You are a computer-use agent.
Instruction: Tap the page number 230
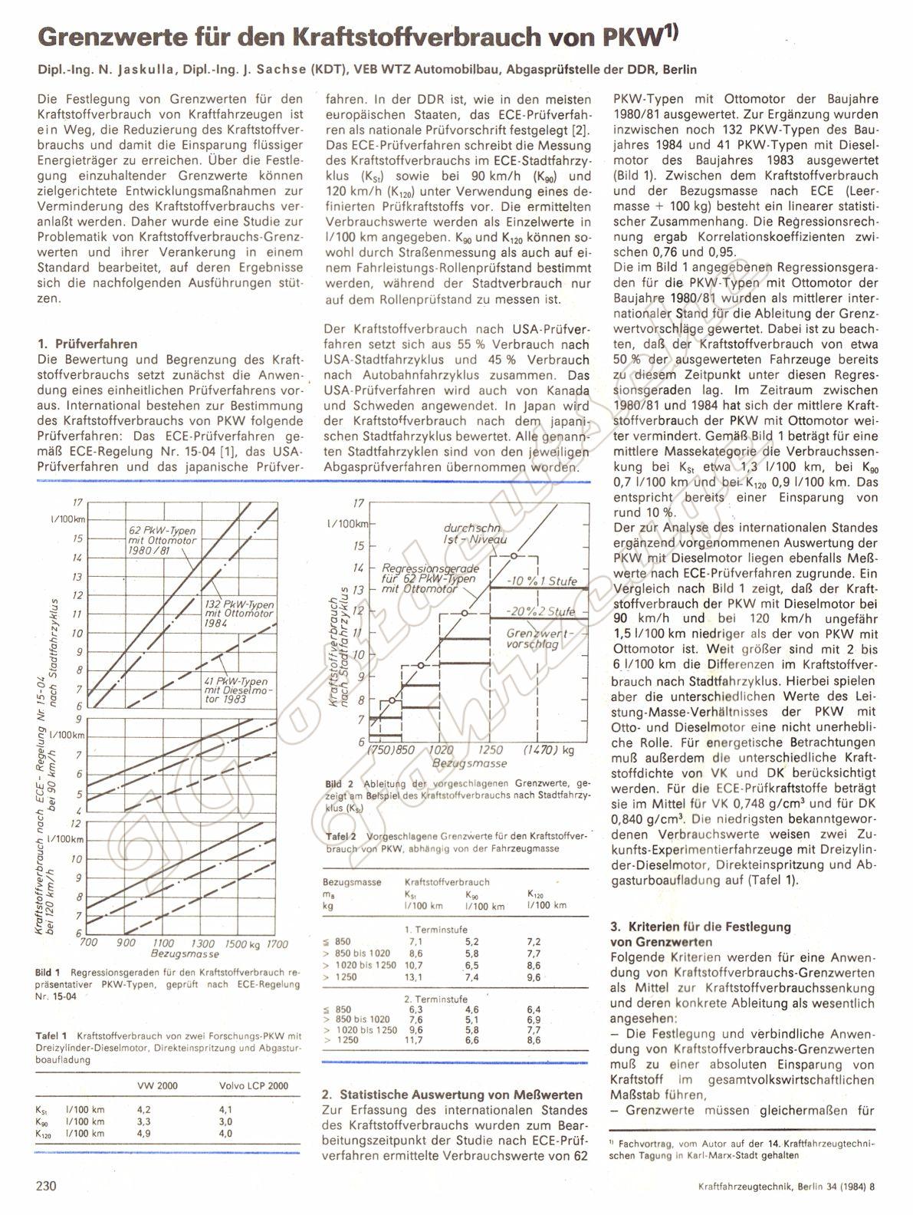(47, 1186)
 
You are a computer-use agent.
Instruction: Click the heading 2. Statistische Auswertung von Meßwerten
(452, 1095)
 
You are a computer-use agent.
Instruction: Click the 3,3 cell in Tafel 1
(143, 1121)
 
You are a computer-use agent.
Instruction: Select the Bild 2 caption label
(333, 784)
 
